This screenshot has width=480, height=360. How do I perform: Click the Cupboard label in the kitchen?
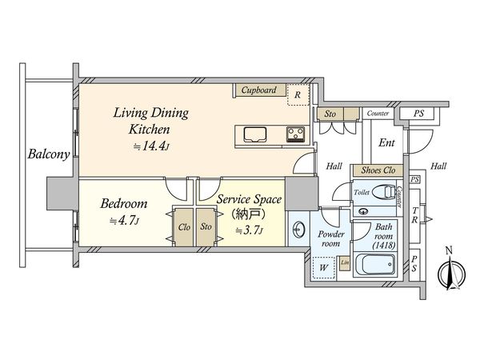258,90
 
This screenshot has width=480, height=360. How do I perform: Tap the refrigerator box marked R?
298,94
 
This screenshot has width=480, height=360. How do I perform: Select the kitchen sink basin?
255,134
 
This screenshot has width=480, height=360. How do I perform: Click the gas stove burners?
295,134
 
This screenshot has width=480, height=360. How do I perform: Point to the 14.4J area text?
151,146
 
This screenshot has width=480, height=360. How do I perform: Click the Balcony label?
49,154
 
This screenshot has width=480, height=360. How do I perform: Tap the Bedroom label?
124,203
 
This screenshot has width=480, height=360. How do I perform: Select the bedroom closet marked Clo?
184,227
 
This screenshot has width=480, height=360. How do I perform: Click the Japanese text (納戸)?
249,214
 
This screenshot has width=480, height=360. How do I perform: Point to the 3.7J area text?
249,230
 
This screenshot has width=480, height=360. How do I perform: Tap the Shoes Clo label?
378,170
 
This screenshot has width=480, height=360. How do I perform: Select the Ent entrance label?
386,142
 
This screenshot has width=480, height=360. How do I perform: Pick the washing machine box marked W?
323,267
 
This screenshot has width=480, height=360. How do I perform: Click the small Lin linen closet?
345,263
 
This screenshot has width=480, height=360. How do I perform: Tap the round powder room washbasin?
298,229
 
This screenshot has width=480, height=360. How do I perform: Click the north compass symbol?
451,270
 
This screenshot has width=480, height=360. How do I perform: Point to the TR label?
414,215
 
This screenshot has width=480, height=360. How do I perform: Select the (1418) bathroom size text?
384,246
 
